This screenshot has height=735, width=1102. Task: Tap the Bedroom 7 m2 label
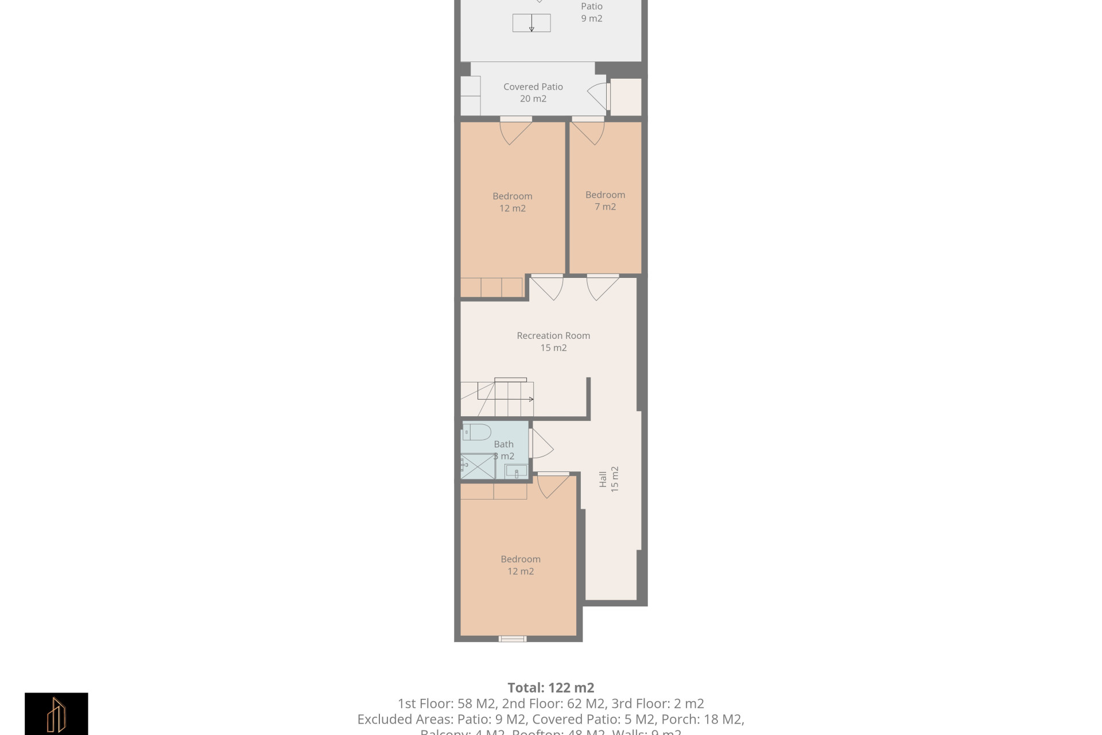tap(605, 200)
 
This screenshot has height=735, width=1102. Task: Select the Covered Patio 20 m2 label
tap(533, 92)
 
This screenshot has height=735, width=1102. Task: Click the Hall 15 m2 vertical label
tap(608, 479)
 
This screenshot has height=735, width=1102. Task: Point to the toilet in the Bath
tap(477, 431)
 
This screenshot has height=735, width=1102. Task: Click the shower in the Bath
tap(478, 466)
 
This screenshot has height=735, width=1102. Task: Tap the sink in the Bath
tap(515, 471)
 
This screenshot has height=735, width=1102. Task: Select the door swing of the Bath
tap(541, 444)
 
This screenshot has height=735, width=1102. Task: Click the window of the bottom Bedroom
tap(512, 638)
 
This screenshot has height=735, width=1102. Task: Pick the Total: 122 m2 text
tap(550, 687)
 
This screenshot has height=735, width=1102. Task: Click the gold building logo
tap(56, 714)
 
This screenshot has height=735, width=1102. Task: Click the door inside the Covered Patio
tap(598, 96)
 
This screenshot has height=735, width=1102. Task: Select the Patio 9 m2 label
tap(591, 12)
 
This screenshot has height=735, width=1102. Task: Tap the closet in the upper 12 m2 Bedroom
tap(491, 287)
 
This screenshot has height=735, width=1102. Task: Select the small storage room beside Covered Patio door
tap(626, 97)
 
